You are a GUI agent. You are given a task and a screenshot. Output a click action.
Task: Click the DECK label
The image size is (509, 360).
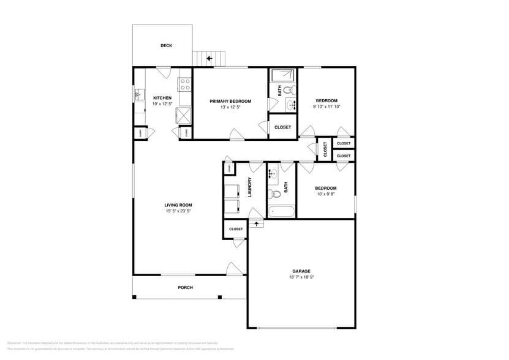click(166, 46)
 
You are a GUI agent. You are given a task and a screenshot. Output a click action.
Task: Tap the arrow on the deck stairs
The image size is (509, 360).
click(209, 59)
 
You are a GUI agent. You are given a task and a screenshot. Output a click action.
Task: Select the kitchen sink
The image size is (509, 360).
click(138, 95)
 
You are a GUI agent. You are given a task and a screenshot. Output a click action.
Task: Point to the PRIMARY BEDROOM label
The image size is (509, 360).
click(230, 101)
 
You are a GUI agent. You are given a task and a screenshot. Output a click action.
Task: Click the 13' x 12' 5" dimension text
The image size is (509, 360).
click(230, 108)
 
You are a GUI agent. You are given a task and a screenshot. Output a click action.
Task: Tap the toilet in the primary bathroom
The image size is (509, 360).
click(292, 91)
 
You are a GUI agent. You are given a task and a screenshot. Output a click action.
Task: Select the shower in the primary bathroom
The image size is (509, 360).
click(283, 75)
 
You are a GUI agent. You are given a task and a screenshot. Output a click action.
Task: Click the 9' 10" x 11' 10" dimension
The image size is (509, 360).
click(326, 107)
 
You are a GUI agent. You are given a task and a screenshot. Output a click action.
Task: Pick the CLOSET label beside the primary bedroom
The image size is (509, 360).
click(282, 127)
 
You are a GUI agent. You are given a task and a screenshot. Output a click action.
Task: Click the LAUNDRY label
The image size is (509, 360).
click(250, 187)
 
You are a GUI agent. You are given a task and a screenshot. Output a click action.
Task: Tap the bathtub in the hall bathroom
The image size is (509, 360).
click(281, 212)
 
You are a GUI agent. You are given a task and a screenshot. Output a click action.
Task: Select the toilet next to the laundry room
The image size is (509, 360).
click(276, 195)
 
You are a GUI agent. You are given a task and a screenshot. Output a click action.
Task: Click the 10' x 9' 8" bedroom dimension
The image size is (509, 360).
click(326, 195)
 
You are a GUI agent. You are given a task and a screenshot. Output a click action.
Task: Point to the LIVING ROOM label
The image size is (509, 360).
click(178, 205)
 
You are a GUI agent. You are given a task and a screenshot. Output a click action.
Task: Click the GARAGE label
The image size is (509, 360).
click(301, 271)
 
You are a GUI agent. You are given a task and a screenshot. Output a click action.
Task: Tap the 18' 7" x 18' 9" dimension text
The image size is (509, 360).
click(301, 277)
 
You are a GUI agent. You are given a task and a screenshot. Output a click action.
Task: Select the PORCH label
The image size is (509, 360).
click(185, 288)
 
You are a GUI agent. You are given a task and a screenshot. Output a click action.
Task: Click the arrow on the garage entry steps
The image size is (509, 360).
click(256, 223)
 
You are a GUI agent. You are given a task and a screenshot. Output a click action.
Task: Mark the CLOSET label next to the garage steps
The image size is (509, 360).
click(236, 229)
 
